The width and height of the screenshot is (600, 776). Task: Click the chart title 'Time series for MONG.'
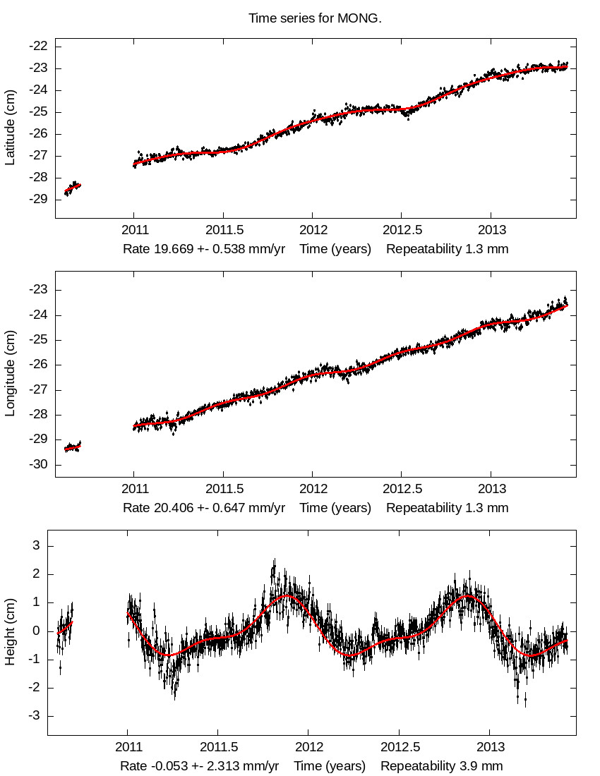click(315, 18)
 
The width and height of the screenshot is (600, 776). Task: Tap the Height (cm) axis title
click(10, 632)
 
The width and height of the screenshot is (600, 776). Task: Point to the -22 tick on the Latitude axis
click(38, 46)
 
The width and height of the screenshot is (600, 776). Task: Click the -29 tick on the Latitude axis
click(38, 199)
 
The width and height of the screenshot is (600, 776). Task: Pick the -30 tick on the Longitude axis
click(38, 464)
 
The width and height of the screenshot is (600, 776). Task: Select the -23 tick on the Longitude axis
click(38, 289)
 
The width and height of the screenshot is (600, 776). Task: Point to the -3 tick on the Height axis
click(32, 716)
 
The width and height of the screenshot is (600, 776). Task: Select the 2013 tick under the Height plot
click(491, 747)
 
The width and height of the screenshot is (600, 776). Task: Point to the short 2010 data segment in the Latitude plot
click(73, 188)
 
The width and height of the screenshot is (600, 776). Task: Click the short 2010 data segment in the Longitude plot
click(73, 447)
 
